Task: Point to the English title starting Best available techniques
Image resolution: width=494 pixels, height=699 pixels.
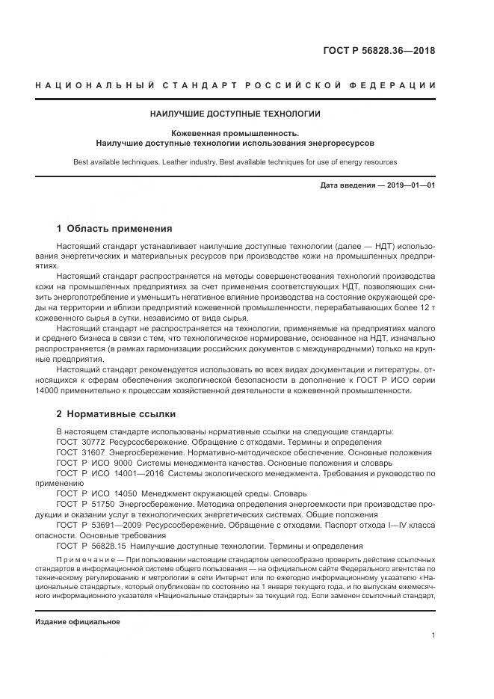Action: [235, 161]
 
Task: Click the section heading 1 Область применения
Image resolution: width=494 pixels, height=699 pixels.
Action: [114, 228]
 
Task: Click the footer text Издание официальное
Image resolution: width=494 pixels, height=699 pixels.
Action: [78, 621]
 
